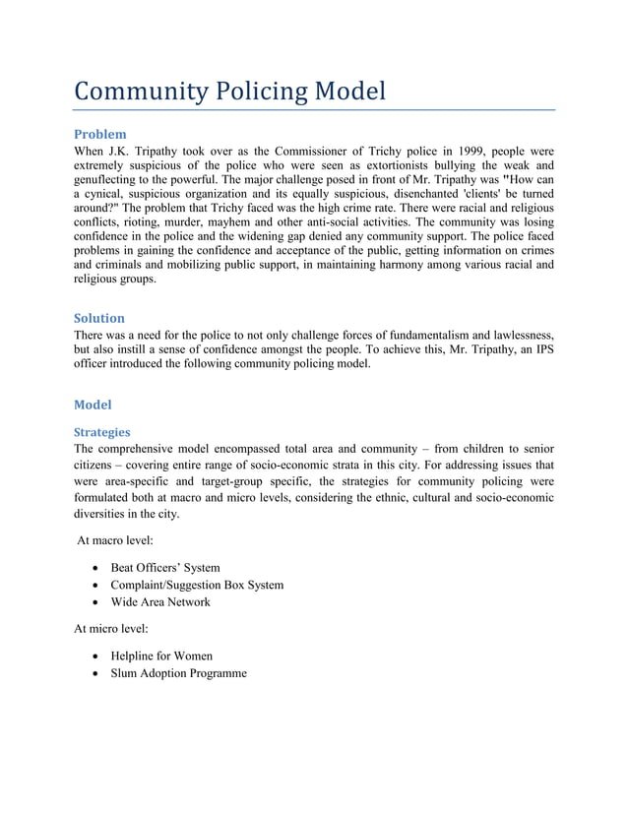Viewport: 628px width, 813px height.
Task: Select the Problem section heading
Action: (x=100, y=134)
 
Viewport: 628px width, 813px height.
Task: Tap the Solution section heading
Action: (x=99, y=318)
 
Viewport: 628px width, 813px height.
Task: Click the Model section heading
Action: (x=94, y=405)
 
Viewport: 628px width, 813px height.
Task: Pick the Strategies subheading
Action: (x=102, y=432)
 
